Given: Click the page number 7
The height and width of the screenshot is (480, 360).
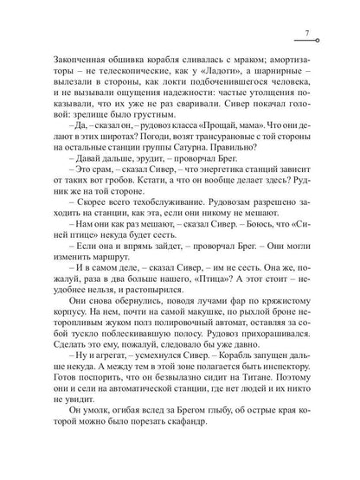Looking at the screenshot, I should [x=307, y=34].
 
